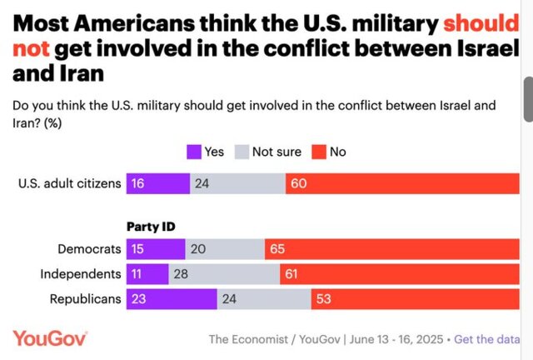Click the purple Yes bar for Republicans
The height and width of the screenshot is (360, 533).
pyautogui.click(x=172, y=299)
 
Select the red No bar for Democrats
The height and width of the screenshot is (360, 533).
pyautogui.click(x=391, y=249)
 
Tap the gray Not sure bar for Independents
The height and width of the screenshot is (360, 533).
pyautogui.click(x=224, y=274)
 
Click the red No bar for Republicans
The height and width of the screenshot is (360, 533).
pyautogui.click(x=415, y=299)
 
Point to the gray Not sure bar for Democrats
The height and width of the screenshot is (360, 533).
pyautogui.click(x=225, y=249)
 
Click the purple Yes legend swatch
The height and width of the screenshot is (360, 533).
pyautogui.click(x=193, y=152)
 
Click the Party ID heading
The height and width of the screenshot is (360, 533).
pyautogui.click(x=151, y=225)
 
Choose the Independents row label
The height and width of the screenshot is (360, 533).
pyautogui.click(x=81, y=274)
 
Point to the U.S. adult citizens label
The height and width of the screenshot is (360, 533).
pyautogui.click(x=70, y=183)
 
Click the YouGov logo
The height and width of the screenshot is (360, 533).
pyautogui.click(x=50, y=338)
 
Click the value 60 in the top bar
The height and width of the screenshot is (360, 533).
pyautogui.click(x=298, y=183)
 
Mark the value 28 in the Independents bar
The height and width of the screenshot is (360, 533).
pyautogui.click(x=181, y=274)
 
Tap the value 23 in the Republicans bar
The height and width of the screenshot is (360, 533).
pyautogui.click(x=138, y=299)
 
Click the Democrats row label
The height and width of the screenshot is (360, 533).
pyautogui.click(x=89, y=249)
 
